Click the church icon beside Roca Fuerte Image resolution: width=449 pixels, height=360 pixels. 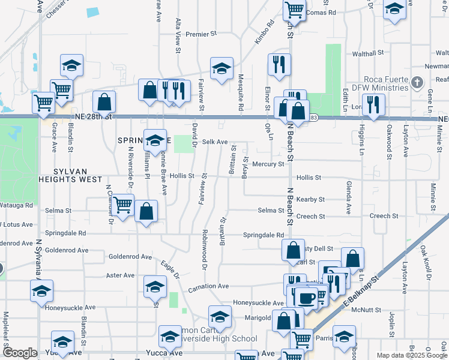coord(418,82)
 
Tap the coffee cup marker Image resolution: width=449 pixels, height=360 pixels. coord(306,297)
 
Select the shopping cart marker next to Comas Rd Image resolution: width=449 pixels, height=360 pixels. coord(294,10)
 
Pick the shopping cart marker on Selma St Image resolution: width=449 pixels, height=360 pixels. coord(123,205)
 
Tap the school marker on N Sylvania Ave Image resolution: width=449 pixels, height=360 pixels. coord(41,290)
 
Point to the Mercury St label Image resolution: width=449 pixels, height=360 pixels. coord(268,164)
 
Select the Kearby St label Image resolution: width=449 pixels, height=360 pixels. coord(310,199)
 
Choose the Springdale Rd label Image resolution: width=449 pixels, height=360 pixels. coord(263,235)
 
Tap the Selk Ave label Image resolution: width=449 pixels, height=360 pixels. coord(215,142)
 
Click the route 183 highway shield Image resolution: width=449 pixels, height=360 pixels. coord(314,118)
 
